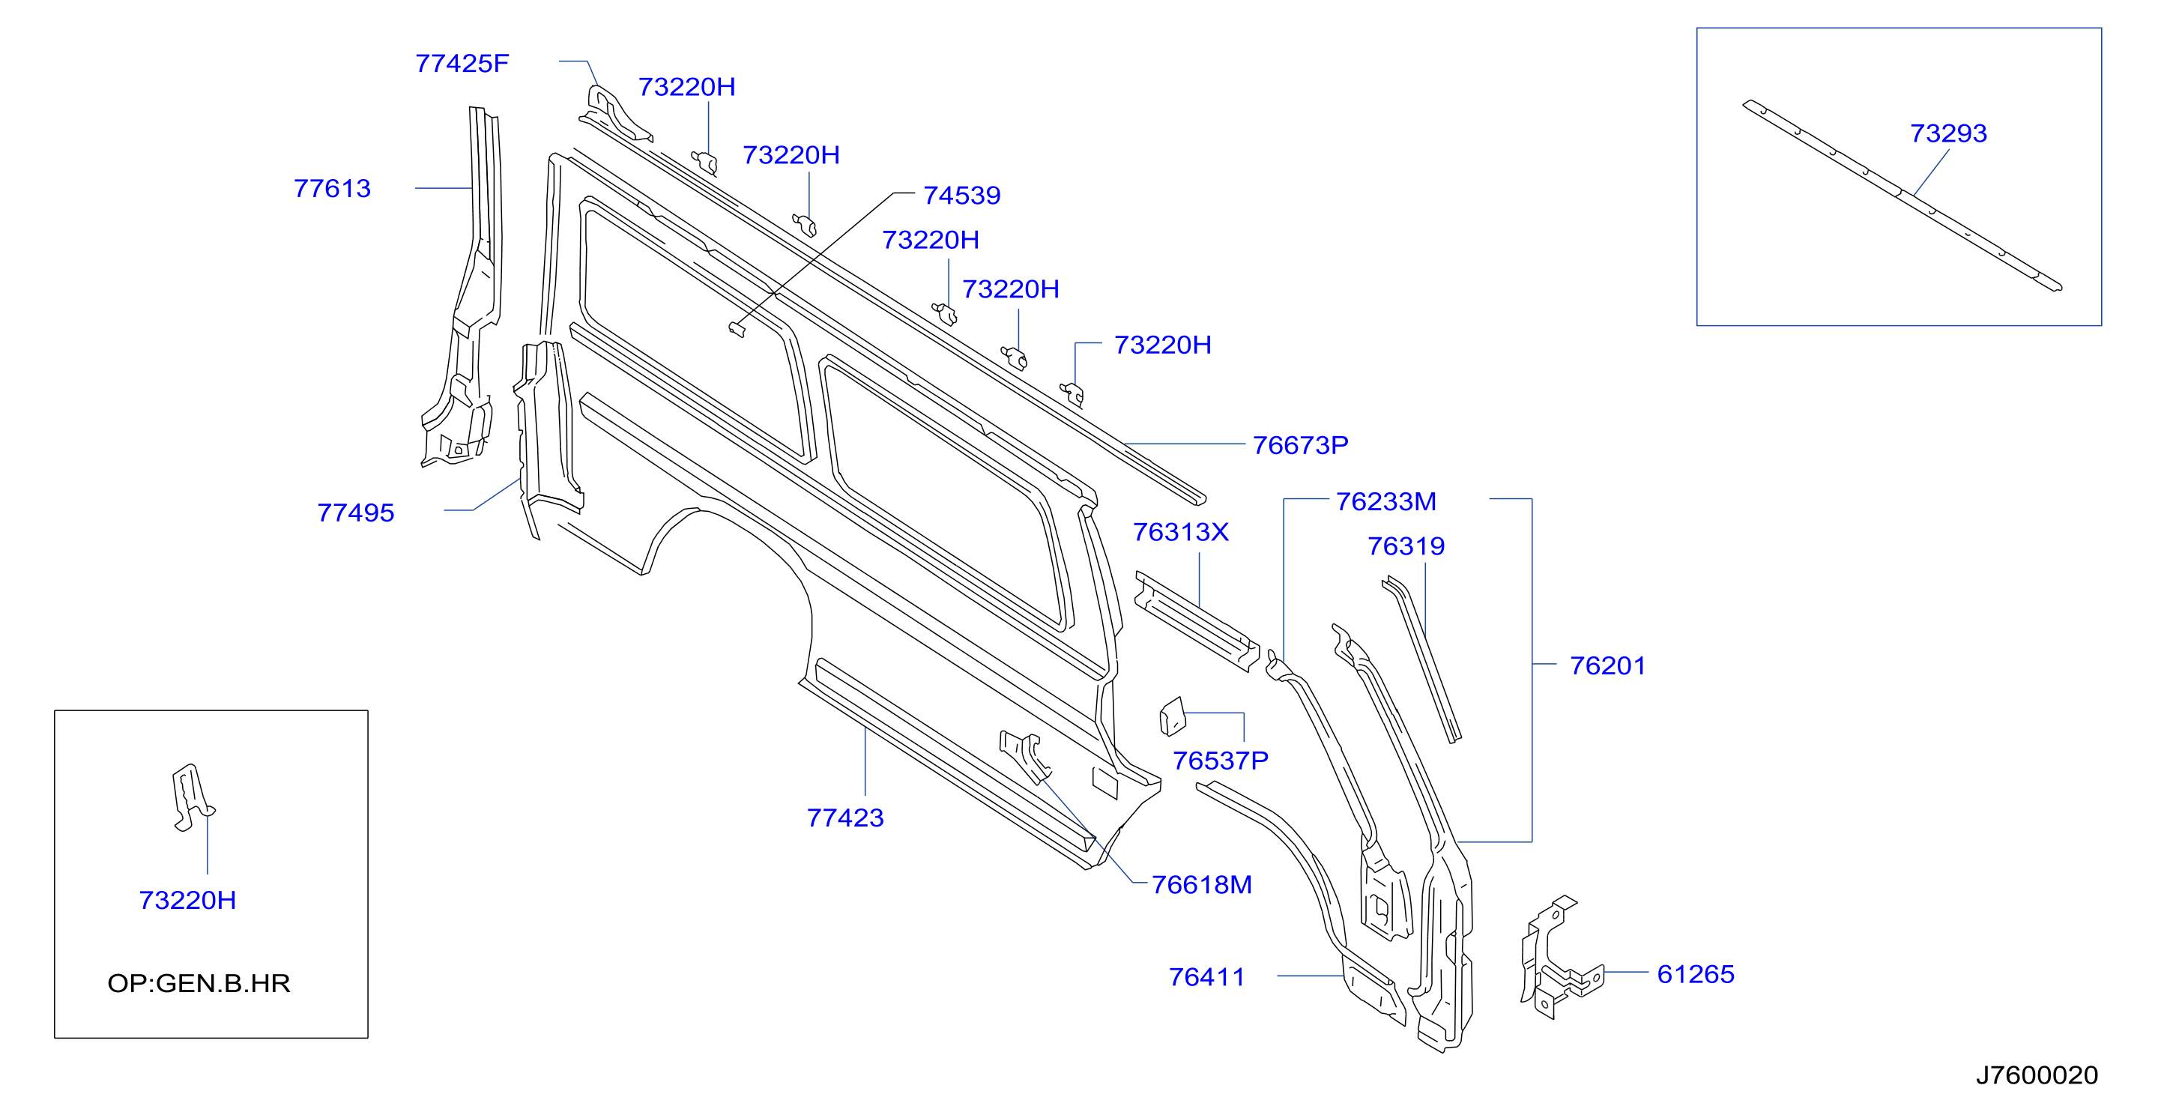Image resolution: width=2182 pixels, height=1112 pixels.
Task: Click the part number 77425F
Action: click(x=462, y=64)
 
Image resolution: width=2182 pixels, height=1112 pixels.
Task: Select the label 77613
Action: click(x=332, y=188)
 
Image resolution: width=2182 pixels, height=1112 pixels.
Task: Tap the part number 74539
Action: click(x=961, y=196)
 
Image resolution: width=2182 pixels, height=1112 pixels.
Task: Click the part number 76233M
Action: click(x=1385, y=501)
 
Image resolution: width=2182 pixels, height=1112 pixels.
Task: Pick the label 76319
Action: click(x=1406, y=546)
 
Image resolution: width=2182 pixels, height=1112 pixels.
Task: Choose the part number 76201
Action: click(x=1608, y=665)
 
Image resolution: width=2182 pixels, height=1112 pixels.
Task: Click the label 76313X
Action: click(x=1181, y=532)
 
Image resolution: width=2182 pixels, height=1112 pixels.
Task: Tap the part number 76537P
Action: click(x=1221, y=761)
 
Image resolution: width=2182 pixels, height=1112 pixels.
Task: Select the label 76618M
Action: click(x=1201, y=885)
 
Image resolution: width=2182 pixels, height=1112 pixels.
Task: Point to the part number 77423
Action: click(x=845, y=818)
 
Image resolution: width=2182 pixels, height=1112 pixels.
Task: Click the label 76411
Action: click(x=1207, y=977)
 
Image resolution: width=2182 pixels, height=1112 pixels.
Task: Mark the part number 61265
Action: click(x=1696, y=975)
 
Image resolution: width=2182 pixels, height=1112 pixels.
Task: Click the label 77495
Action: click(x=356, y=513)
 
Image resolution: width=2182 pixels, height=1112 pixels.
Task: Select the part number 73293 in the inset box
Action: click(x=1948, y=134)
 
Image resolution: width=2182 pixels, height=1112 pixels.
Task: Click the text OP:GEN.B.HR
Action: click(x=199, y=983)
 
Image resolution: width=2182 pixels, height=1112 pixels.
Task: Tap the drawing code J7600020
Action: click(x=2037, y=1075)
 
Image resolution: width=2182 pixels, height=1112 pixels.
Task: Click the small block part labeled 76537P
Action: click(x=1173, y=716)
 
